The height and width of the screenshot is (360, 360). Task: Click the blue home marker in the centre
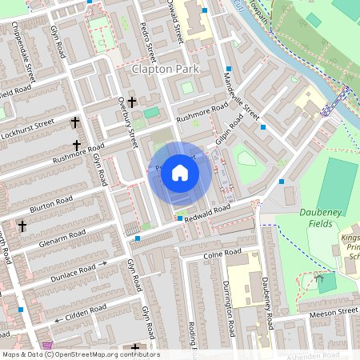click(180, 173)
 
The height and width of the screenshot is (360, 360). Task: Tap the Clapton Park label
click(163, 70)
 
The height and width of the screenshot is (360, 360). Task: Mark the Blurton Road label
click(52, 205)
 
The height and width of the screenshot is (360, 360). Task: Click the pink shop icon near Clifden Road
click(48, 346)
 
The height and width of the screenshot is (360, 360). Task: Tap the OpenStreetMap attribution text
click(81, 354)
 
